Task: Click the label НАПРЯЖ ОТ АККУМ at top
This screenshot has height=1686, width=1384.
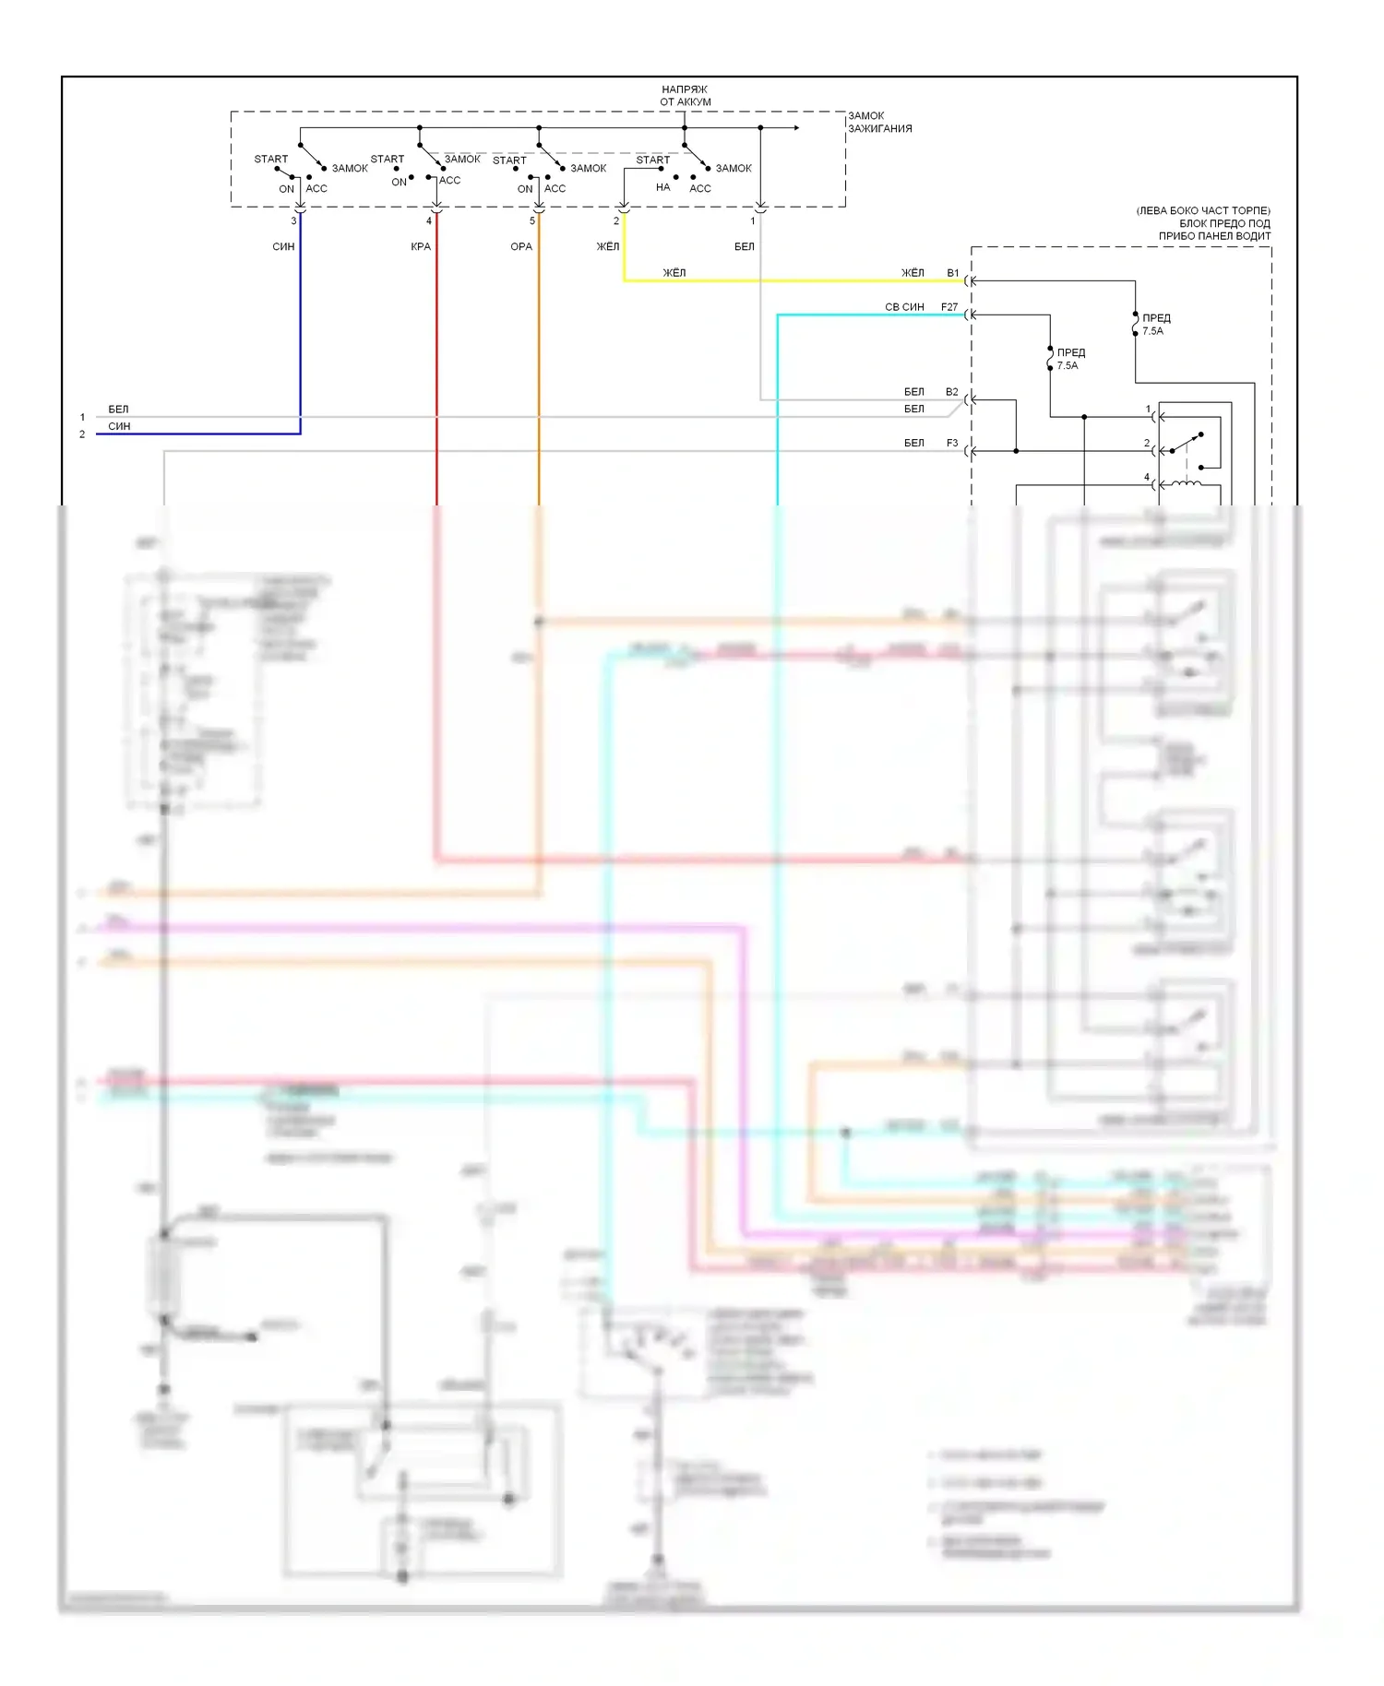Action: [x=685, y=96]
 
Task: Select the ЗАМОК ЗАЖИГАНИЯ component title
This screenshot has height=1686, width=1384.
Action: [x=879, y=122]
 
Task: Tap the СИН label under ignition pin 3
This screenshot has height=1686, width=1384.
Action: [x=283, y=246]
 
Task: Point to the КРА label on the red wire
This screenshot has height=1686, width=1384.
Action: [x=421, y=246]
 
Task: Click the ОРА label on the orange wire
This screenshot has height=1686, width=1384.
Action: [x=521, y=246]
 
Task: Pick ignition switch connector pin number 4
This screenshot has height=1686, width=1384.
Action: [x=429, y=221]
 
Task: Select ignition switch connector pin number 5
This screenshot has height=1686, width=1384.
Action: [x=532, y=221]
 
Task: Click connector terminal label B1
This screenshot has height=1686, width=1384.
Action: [x=953, y=273]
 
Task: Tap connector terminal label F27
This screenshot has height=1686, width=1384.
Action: [x=949, y=307]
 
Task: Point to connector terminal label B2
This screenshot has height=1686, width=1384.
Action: [x=952, y=392]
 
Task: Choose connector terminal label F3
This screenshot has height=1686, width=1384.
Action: [x=952, y=443]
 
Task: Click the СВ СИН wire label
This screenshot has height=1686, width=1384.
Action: [x=904, y=307]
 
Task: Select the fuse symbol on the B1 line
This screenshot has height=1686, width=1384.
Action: [x=1135, y=324]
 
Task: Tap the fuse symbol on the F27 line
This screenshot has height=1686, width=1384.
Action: [x=1050, y=359]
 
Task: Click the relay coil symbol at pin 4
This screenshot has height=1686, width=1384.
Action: [x=1187, y=483]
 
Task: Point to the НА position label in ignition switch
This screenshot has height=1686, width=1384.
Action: [x=662, y=187]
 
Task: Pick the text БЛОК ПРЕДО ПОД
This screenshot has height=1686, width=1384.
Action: [x=1224, y=223]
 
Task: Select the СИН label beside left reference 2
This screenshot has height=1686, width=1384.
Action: [x=119, y=426]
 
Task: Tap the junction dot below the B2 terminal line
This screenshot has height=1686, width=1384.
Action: [x=1016, y=451]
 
